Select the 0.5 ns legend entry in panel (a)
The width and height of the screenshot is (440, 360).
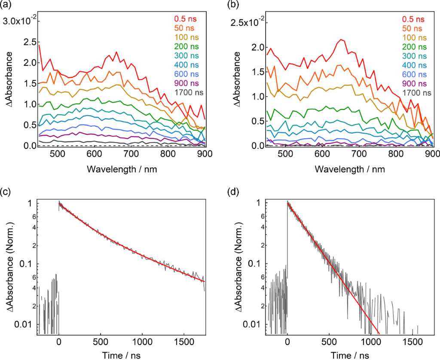pyautogui.click(x=185, y=18)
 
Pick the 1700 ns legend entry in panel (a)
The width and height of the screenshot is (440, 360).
pyautogui.click(x=189, y=92)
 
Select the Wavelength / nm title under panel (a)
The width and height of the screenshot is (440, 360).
pyautogui.click(x=122, y=169)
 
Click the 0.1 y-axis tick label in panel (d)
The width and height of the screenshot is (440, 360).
pyautogui.click(x=258, y=263)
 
